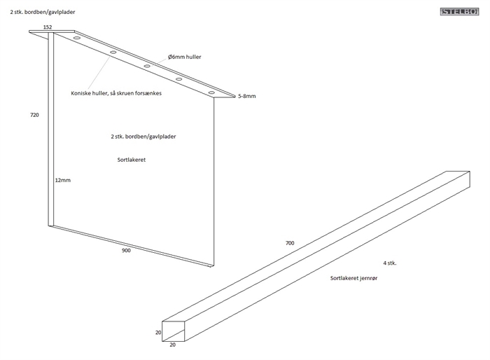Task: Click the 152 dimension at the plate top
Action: [x=48, y=27]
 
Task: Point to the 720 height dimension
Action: [x=34, y=114]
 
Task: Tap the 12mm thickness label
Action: [x=63, y=180]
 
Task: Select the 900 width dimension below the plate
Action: [x=126, y=250]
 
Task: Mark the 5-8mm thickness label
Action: [x=246, y=96]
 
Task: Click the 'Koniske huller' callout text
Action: [x=116, y=93]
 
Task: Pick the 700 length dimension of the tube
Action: [x=290, y=243]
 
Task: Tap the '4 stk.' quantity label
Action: [x=391, y=263]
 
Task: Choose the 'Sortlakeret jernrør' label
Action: [x=353, y=279]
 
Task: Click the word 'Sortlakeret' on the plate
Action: [x=131, y=160]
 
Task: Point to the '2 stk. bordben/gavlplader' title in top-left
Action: [x=43, y=12]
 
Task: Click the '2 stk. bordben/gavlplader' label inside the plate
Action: [x=143, y=137]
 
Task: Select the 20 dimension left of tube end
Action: [x=158, y=333]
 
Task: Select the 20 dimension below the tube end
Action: [x=173, y=345]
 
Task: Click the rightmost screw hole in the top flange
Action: [x=211, y=92]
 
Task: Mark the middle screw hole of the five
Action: [x=147, y=67]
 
